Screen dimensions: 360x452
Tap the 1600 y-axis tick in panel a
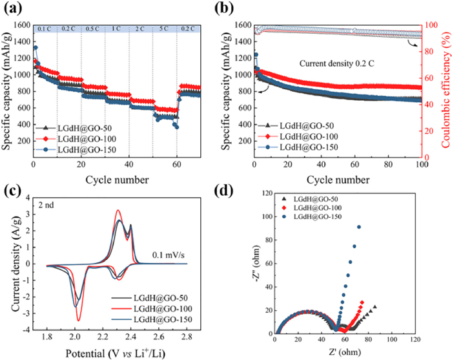20,25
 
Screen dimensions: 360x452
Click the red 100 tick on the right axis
431,25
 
